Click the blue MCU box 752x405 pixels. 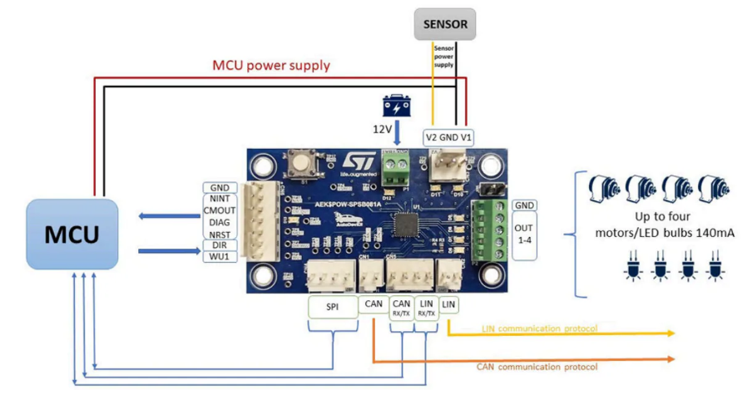(x=72, y=234)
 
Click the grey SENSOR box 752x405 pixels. (x=445, y=25)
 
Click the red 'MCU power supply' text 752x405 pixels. (x=271, y=65)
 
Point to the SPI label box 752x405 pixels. (x=330, y=307)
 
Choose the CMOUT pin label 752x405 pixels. (x=219, y=211)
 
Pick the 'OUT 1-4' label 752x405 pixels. (x=525, y=234)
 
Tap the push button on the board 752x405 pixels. (x=297, y=164)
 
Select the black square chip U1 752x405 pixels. (x=404, y=225)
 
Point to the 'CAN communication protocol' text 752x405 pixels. (x=537, y=366)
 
